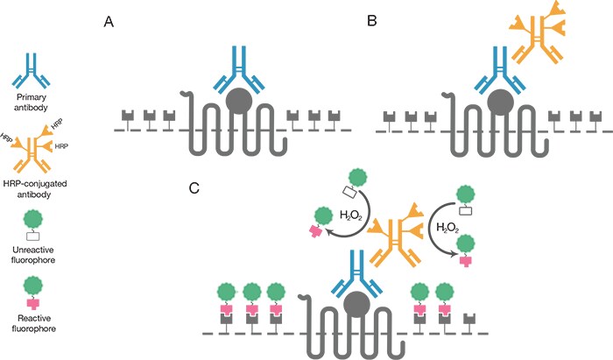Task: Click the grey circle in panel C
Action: (x=356, y=305)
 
